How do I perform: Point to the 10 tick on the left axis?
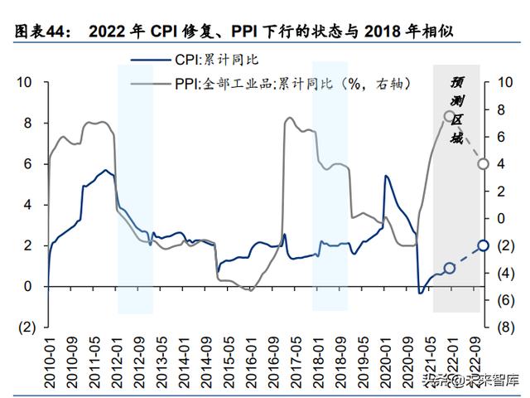click(x=24, y=82)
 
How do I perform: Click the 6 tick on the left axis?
click(x=27, y=163)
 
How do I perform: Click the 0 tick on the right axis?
click(x=501, y=218)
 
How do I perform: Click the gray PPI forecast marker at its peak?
click(x=449, y=116)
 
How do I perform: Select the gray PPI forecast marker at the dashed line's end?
click(x=483, y=163)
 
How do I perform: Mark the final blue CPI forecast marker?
click(x=483, y=245)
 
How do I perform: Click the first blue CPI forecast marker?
click(x=449, y=268)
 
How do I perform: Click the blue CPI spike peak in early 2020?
click(x=386, y=176)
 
